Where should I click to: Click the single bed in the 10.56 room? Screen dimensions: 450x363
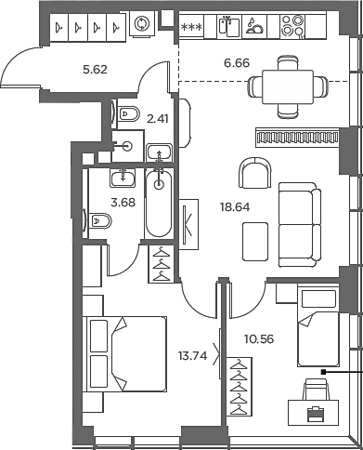[x=318, y=339]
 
